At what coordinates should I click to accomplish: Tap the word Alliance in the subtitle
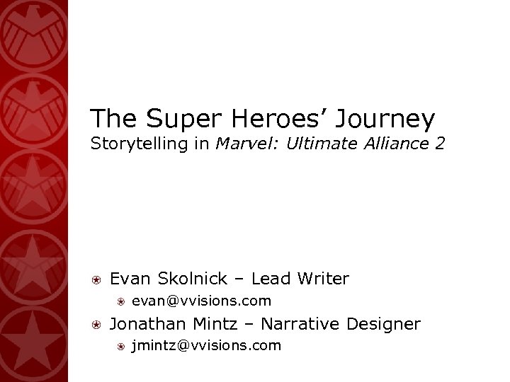click(x=395, y=144)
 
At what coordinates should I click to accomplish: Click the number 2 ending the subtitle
click(x=441, y=144)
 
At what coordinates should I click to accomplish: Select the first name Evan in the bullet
click(x=128, y=279)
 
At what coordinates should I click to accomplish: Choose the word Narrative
click(x=304, y=324)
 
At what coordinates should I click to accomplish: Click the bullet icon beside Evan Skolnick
click(x=97, y=279)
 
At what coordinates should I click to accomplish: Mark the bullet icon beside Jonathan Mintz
click(x=97, y=325)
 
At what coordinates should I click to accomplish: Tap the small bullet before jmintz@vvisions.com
click(x=122, y=347)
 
